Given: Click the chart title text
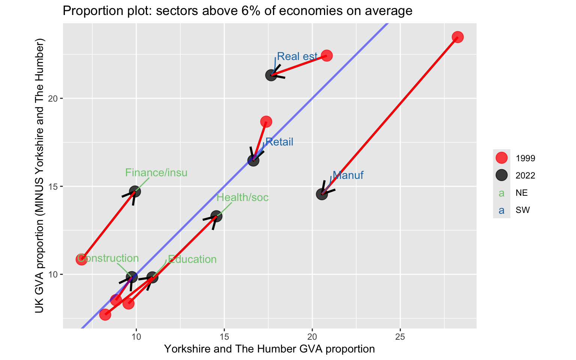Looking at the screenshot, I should tap(237, 11).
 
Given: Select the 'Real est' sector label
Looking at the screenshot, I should tap(297, 56).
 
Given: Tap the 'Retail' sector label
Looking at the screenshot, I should tap(279, 142).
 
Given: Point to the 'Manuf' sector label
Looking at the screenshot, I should tap(348, 175).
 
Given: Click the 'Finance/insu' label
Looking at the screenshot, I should tap(156, 172).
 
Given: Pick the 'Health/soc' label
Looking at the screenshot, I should tap(243, 197).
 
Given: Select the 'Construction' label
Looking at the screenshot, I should tap(108, 258).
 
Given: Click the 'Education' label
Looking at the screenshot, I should tap(192, 259).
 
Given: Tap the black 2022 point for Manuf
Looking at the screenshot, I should tap(322, 194).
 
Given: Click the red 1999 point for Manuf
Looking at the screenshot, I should tap(457, 37).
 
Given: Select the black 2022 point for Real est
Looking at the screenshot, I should tap(271, 75).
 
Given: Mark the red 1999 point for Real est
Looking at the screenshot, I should tap(327, 55).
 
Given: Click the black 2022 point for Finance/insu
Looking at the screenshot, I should tap(135, 192).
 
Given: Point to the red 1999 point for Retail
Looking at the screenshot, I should tap(266, 121).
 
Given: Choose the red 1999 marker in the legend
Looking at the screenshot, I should tap(501, 158).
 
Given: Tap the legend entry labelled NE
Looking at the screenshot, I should tap(522, 193).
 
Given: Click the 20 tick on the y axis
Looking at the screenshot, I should tap(52, 99).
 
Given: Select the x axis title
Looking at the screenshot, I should tap(269, 349).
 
